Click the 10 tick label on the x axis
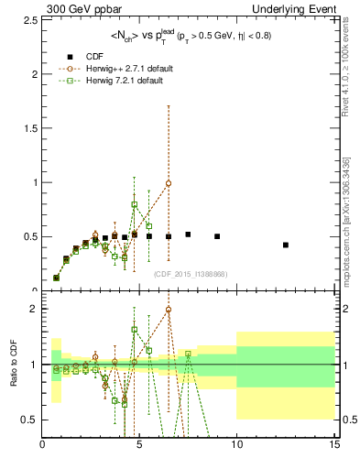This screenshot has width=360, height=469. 236,446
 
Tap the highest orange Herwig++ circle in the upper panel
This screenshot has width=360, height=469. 169,183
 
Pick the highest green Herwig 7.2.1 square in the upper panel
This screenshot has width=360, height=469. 135,204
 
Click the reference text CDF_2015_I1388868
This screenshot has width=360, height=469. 190,274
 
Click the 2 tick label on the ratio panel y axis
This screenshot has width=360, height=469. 35,309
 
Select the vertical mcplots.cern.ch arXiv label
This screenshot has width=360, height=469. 346,220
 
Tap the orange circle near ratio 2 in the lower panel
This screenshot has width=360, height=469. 169,310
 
